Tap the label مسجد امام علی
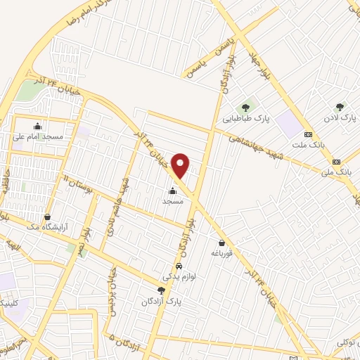coord(38,137)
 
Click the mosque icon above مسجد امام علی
coord(37,127)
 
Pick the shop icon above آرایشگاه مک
coord(47,217)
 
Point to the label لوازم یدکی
coord(179,277)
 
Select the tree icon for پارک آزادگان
coord(161,290)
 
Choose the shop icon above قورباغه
coord(221,243)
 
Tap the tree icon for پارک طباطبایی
coord(245,108)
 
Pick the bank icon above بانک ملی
coord(336,161)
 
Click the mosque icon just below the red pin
coord(172,191)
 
